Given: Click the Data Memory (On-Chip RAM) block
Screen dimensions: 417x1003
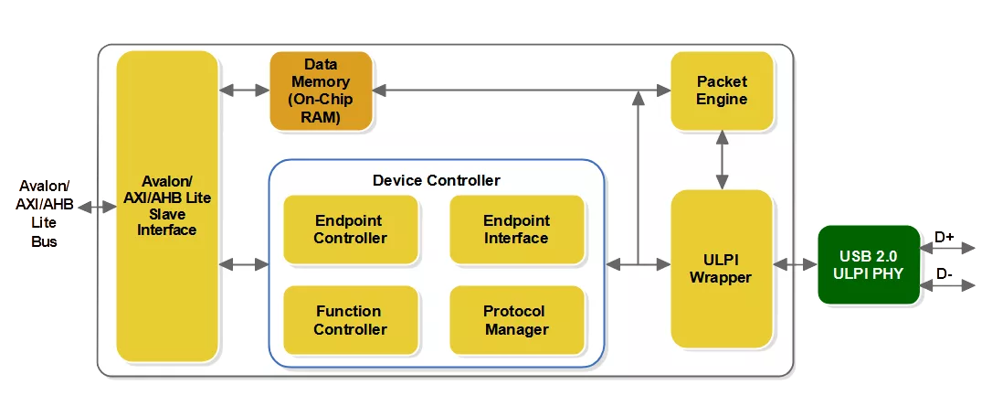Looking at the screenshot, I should [x=321, y=91].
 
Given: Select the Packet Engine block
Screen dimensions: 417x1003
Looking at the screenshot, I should [x=722, y=91].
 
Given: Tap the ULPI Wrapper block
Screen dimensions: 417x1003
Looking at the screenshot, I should [x=722, y=268].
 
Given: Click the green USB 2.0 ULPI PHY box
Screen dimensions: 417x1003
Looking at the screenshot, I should [x=868, y=264].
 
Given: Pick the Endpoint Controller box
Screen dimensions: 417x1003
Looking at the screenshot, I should [x=350, y=230].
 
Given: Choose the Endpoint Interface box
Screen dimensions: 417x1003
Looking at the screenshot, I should [x=516, y=230].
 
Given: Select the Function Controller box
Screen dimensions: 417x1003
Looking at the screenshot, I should [x=350, y=320].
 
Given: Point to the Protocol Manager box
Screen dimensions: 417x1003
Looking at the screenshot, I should [x=516, y=320].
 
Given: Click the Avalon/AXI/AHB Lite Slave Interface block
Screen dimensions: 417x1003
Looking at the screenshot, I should [x=167, y=206].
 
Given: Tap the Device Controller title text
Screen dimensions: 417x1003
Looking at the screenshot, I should [x=436, y=180].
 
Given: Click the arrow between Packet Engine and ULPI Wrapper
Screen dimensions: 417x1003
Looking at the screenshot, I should [x=723, y=159].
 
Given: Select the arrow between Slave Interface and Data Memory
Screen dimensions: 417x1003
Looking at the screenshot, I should [x=244, y=91].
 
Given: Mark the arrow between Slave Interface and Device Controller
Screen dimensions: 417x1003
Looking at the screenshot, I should [x=244, y=265].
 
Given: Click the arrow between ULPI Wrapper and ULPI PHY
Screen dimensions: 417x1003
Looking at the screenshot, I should [x=795, y=264].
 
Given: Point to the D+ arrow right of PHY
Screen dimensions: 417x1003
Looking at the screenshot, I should [x=955, y=248].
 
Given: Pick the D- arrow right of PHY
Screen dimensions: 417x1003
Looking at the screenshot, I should [x=955, y=285].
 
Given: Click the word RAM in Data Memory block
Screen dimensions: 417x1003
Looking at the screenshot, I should [x=321, y=117].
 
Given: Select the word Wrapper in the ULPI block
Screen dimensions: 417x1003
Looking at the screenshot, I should [x=722, y=277].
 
